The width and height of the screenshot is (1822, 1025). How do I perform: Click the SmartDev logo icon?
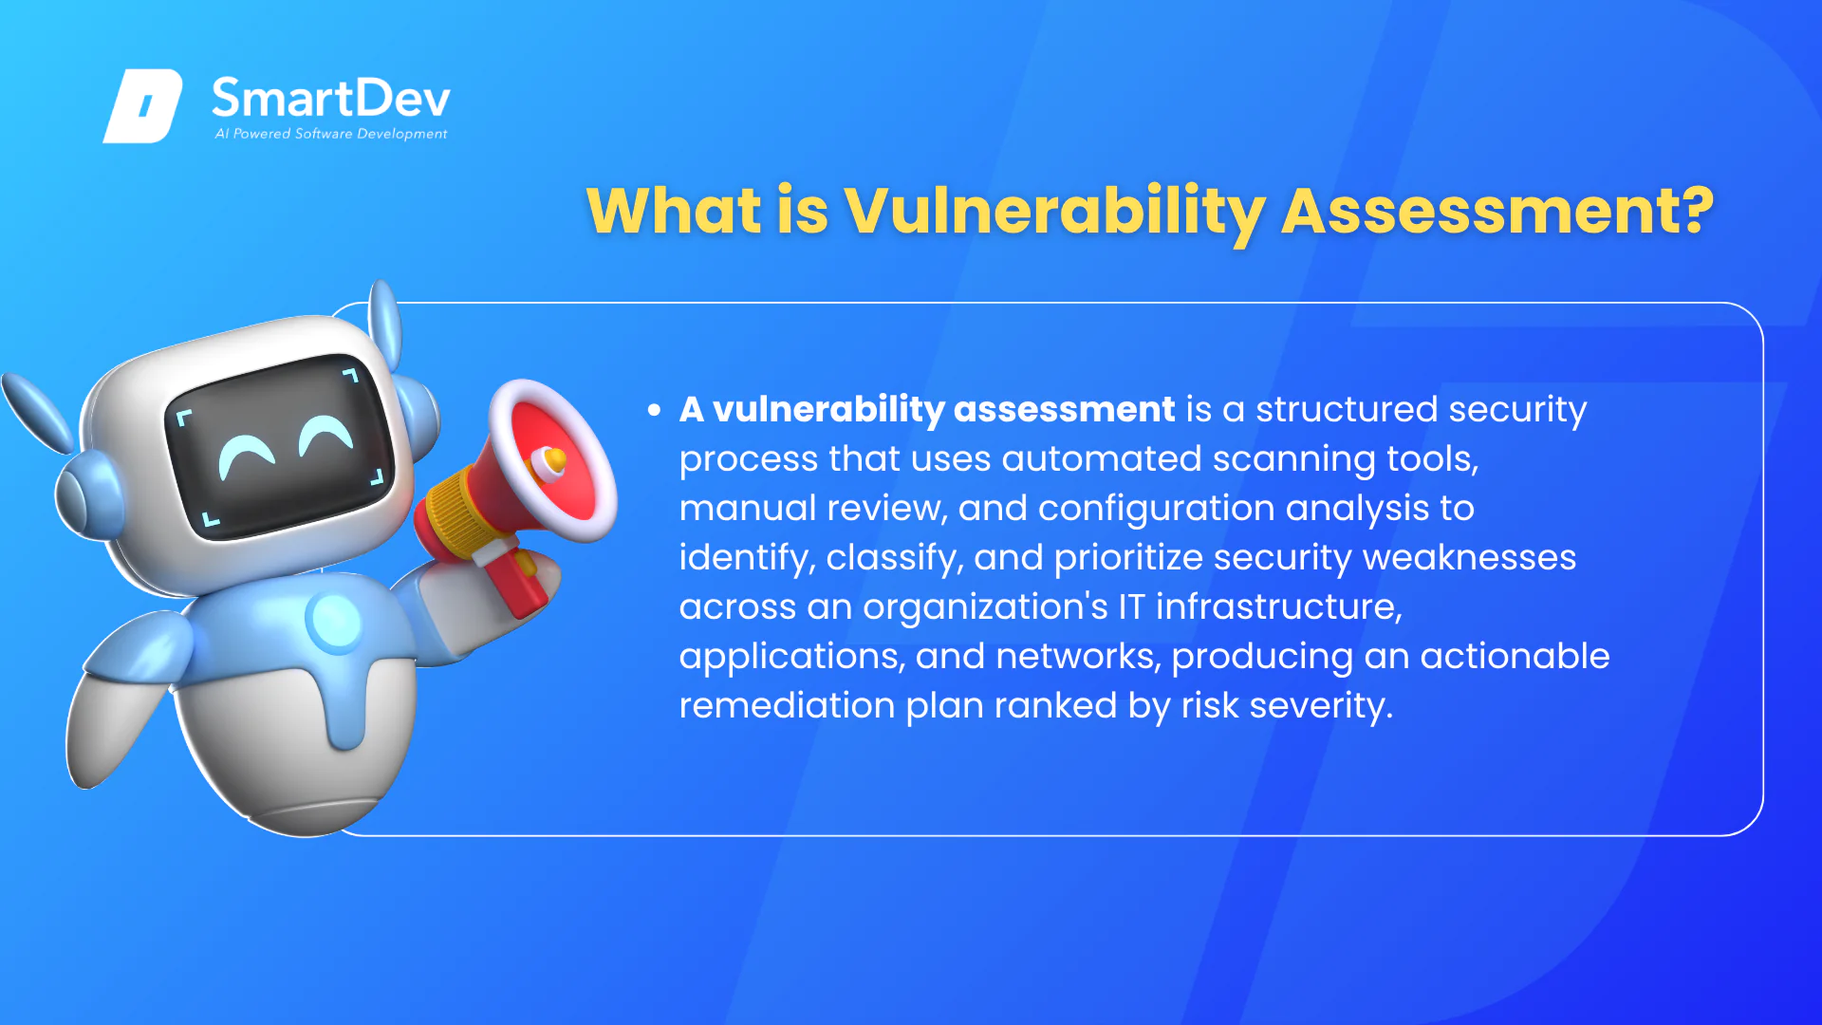142,105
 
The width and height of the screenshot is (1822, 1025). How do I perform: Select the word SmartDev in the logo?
331,99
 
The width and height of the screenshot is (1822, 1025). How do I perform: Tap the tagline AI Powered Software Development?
331,134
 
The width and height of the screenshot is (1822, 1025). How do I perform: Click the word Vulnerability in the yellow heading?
1054,211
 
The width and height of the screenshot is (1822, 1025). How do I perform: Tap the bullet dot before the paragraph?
654,410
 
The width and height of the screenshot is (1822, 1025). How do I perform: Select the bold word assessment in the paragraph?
1064,409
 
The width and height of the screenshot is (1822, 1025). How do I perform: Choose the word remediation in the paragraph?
787,705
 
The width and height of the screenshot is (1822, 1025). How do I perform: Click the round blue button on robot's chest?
335,621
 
